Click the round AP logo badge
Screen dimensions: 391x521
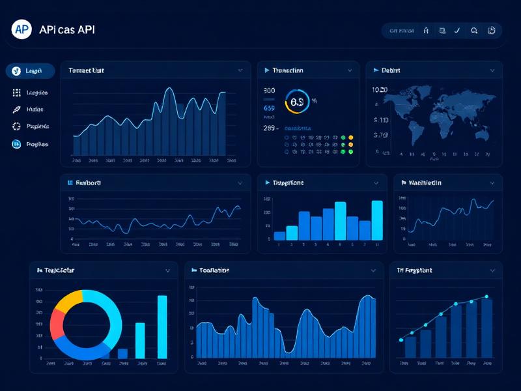tap(21, 29)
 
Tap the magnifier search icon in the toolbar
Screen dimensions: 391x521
tap(474, 30)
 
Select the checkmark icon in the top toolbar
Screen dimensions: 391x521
tap(458, 30)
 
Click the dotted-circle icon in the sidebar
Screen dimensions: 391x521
tap(17, 126)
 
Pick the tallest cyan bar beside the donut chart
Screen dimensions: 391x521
tap(162, 326)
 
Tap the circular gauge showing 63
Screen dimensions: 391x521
tap(297, 101)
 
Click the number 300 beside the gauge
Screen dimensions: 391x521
tap(269, 91)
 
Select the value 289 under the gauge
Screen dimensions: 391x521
tap(270, 128)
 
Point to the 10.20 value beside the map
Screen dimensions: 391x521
tap(379, 90)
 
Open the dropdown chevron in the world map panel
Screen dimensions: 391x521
tap(489, 70)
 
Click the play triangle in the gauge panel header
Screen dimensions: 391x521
tap(266, 70)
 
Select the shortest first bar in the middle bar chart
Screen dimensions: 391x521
tap(279, 236)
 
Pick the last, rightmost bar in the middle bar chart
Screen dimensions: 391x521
tap(377, 220)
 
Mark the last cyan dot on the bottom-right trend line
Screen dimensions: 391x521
tap(486, 297)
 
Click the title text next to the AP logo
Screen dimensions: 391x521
tap(67, 30)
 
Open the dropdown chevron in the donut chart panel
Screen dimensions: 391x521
tap(167, 270)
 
